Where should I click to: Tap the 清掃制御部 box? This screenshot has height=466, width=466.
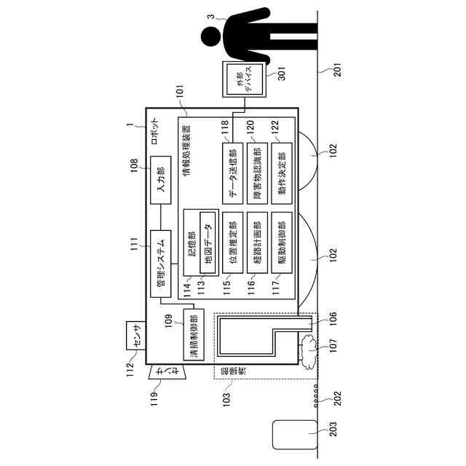193,335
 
